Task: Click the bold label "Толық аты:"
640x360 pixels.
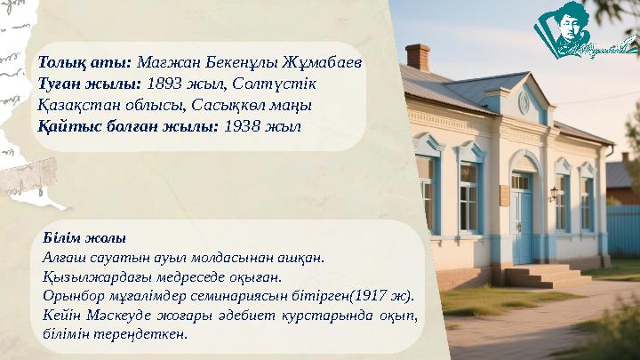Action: pyautogui.click(x=84, y=63)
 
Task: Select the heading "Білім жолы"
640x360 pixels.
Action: pyautogui.click(x=85, y=238)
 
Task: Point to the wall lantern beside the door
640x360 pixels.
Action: pyautogui.click(x=555, y=190)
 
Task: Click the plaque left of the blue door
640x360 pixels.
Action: pyautogui.click(x=501, y=195)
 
